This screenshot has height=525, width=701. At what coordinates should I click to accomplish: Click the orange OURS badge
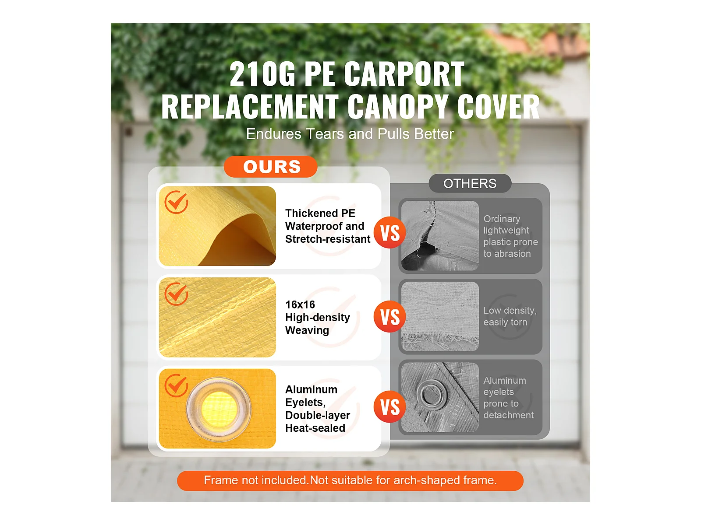pyautogui.click(x=270, y=166)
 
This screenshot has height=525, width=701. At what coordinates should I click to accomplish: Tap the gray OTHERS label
pyautogui.click(x=470, y=183)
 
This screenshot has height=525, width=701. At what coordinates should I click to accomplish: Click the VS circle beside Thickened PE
pyautogui.click(x=390, y=232)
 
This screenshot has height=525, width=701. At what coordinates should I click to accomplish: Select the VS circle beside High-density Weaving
pyautogui.click(x=390, y=316)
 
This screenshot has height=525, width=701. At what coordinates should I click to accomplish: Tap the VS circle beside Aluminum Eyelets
pyautogui.click(x=390, y=407)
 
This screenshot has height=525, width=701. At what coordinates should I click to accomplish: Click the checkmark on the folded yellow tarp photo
pyautogui.click(x=176, y=202)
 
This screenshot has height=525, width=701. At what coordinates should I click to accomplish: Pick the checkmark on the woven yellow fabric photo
pyautogui.click(x=176, y=294)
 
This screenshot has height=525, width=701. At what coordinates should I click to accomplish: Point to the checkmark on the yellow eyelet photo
pyautogui.click(x=176, y=385)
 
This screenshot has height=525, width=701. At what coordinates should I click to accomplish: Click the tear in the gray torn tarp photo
pyautogui.click(x=426, y=235)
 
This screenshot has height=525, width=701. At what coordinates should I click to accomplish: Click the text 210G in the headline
pyautogui.click(x=262, y=74)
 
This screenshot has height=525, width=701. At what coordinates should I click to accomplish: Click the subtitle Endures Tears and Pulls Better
pyautogui.click(x=350, y=134)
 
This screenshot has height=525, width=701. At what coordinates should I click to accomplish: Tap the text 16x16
pyautogui.click(x=300, y=305)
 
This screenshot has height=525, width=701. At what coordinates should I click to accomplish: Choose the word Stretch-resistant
pyautogui.click(x=328, y=239)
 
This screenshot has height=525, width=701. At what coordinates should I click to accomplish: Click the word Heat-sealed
pyautogui.click(x=315, y=428)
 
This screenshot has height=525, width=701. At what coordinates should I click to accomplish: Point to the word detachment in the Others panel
pyautogui.click(x=508, y=415)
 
